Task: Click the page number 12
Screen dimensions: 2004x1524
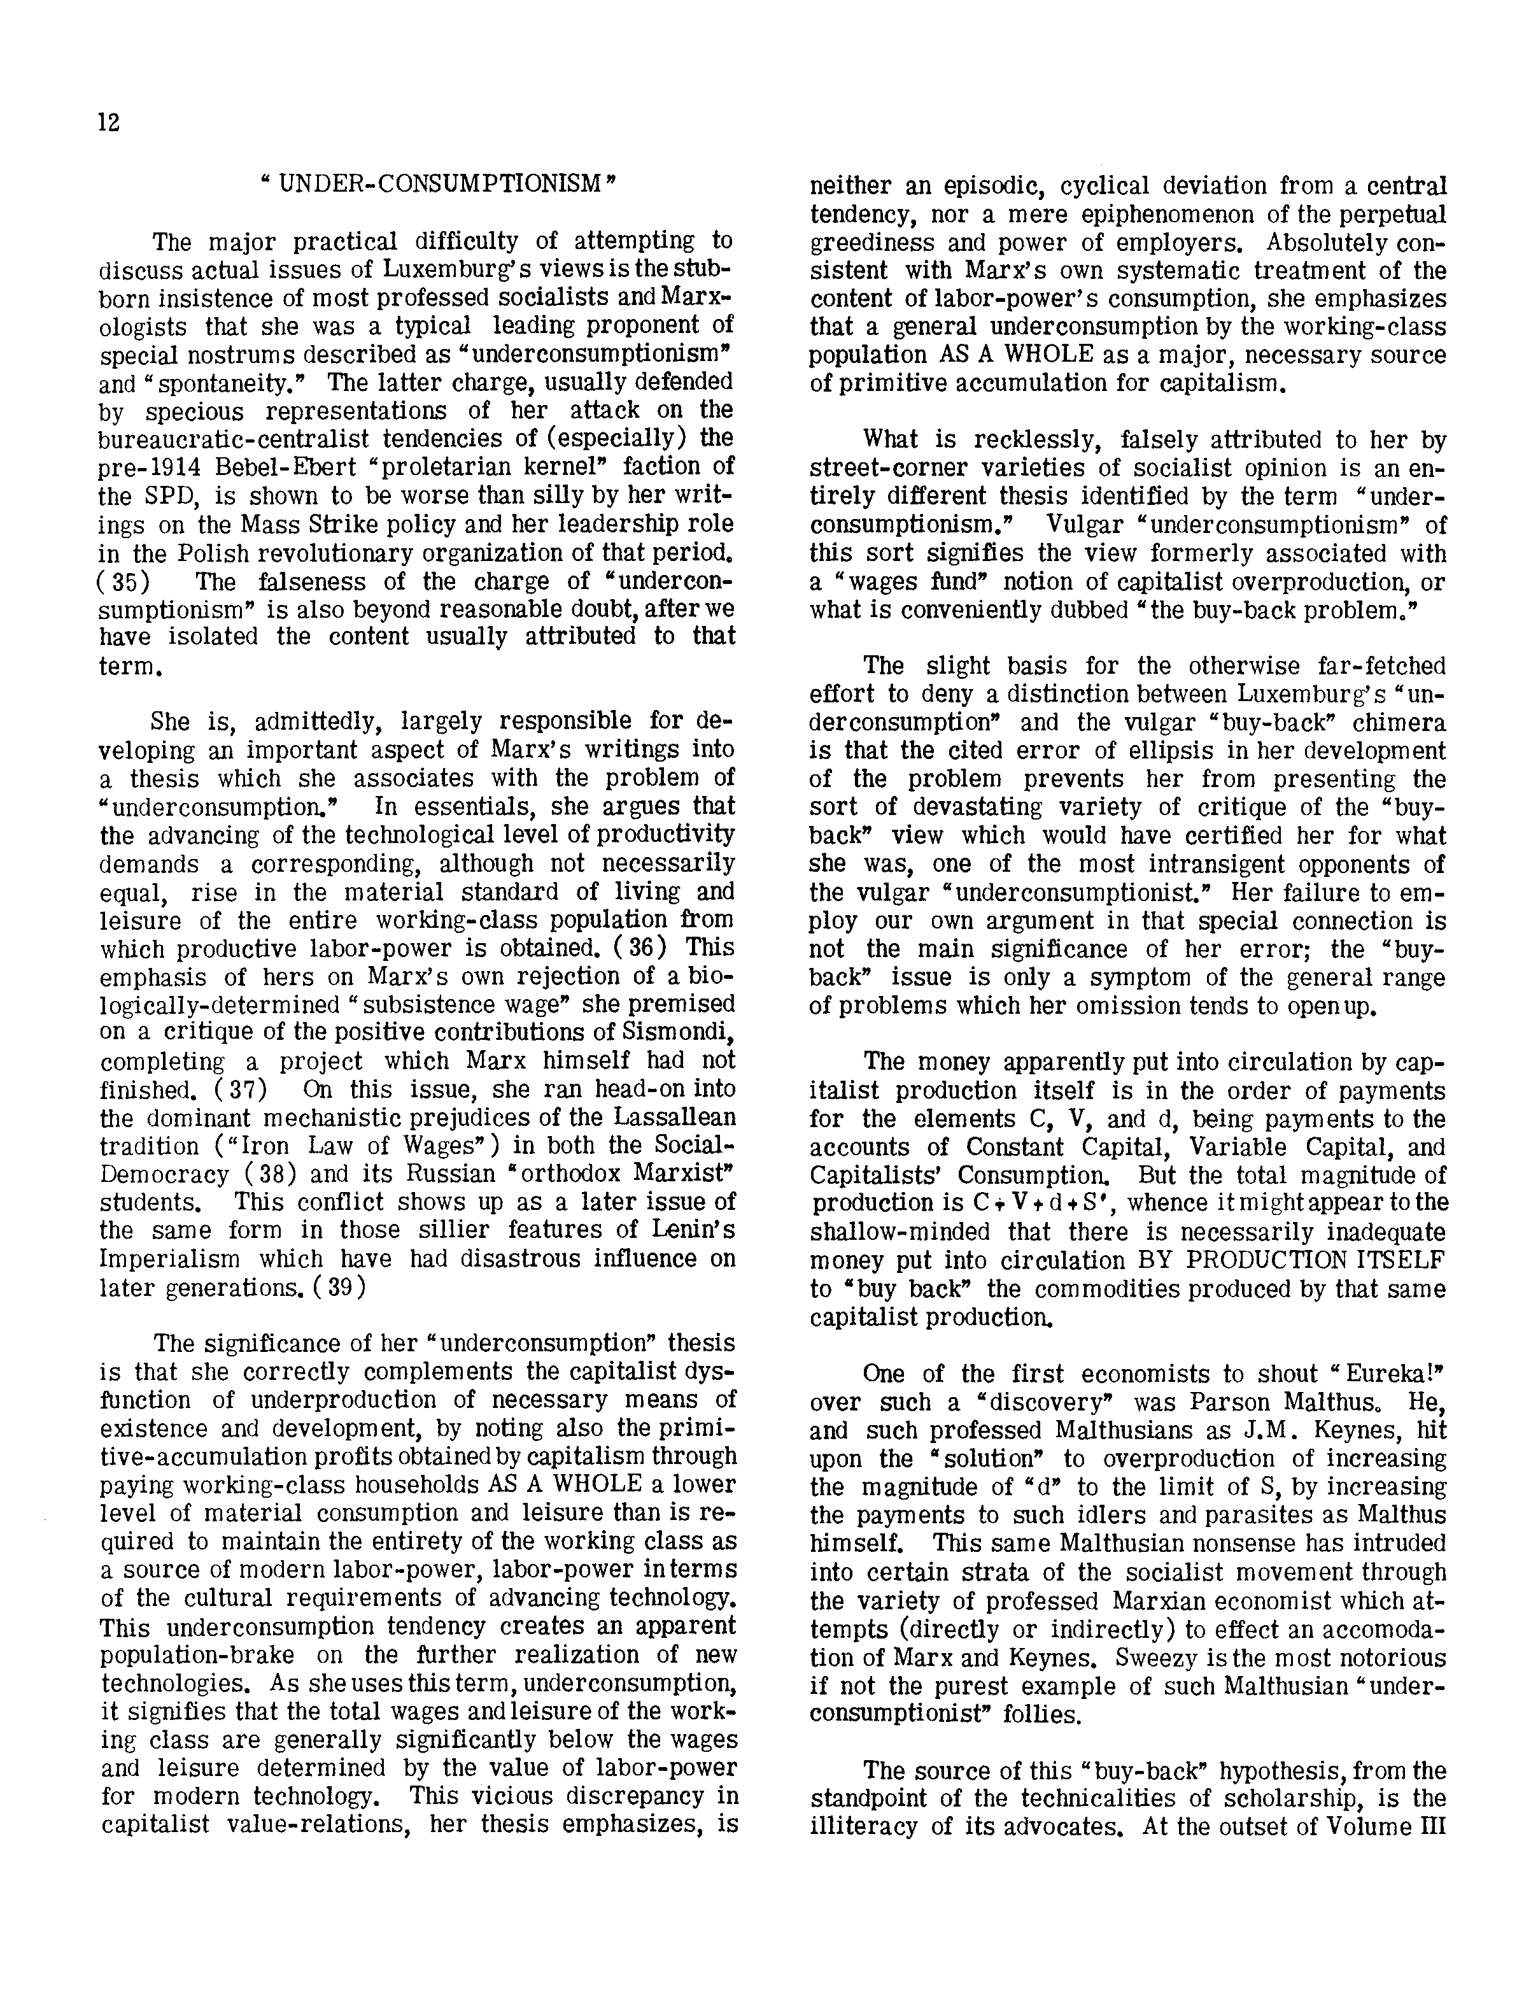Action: pyautogui.click(x=109, y=122)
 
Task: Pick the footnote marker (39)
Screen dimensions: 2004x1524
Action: pyautogui.click(x=337, y=1288)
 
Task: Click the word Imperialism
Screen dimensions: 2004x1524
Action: pyautogui.click(x=169, y=1260)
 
